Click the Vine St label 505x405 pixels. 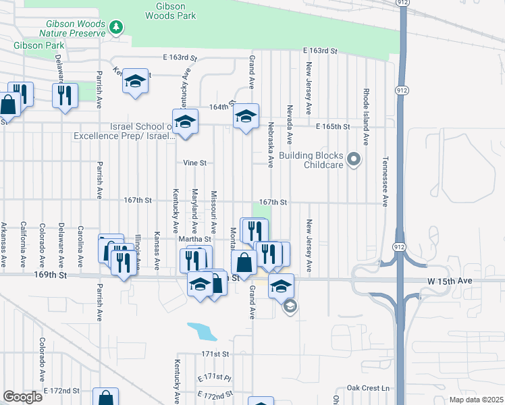point(194,163)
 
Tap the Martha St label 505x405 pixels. point(194,239)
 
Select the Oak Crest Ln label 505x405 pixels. point(368,388)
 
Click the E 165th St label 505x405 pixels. point(333,127)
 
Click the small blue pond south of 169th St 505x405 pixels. point(202,331)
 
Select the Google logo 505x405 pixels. point(22,397)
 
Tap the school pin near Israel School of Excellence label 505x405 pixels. point(185,122)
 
